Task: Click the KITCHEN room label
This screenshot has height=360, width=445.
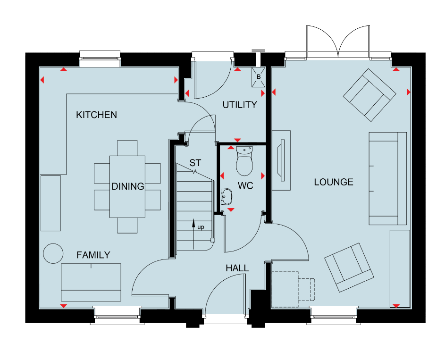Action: click(96, 115)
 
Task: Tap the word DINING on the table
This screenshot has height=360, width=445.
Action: click(128, 186)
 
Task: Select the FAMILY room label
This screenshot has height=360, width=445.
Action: click(93, 255)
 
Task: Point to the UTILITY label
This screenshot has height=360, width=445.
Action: click(240, 105)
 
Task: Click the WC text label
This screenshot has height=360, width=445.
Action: click(245, 186)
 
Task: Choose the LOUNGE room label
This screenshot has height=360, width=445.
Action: click(334, 182)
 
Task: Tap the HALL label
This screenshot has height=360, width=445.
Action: click(237, 268)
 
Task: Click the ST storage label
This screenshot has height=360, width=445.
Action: click(195, 163)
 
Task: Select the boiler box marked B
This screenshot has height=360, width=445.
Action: click(259, 77)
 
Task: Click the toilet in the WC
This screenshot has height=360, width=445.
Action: click(244, 161)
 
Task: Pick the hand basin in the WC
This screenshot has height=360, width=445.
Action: click(227, 196)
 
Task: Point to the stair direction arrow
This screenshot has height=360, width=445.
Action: click(193, 234)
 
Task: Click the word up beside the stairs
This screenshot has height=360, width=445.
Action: click(201, 227)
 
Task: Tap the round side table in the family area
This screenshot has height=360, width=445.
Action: click(53, 254)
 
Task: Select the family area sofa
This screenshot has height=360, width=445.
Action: click(91, 282)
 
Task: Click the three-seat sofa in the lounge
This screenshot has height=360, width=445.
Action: click(388, 178)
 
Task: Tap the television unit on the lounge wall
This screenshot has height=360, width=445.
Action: click(281, 160)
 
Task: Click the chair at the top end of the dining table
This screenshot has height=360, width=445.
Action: click(127, 148)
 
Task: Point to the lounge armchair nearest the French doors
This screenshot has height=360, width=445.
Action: click(369, 95)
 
